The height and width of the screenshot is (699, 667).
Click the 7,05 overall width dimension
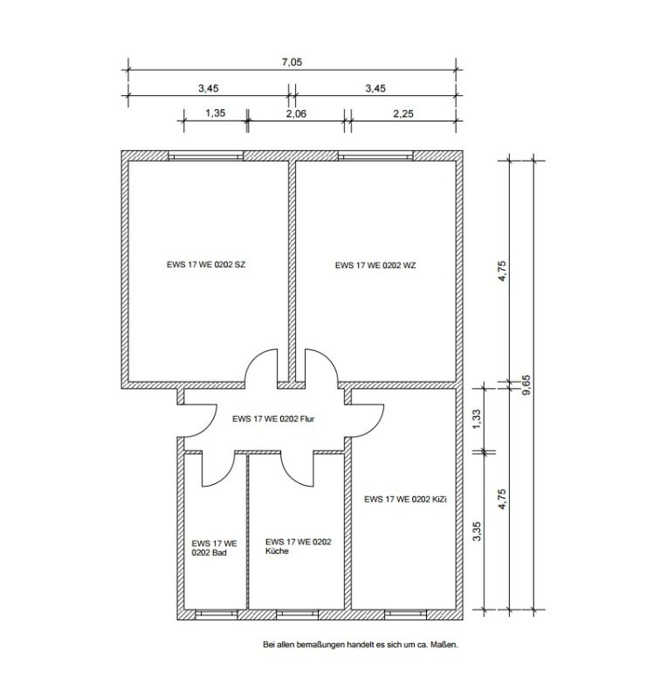click(292, 62)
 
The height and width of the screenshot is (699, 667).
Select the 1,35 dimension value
click(216, 113)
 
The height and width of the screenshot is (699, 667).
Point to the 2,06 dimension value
click(296, 114)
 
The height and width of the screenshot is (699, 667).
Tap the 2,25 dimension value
click(403, 114)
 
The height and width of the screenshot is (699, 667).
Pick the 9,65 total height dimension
click(526, 385)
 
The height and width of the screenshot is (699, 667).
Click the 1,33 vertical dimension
click(477, 419)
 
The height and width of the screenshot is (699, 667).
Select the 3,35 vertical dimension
click(477, 531)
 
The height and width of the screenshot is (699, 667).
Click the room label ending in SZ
click(206, 265)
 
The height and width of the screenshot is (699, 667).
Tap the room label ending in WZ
click(375, 266)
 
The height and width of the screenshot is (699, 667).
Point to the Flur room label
click(273, 419)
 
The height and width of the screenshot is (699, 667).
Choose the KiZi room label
click(405, 499)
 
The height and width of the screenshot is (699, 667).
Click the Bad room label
click(214, 548)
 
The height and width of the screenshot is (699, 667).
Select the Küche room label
click(298, 546)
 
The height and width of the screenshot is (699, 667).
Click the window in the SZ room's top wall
click(205, 156)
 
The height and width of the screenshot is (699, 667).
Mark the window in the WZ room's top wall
click(375, 156)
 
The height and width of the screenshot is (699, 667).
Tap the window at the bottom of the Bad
click(217, 614)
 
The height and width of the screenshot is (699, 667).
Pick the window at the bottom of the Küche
click(297, 614)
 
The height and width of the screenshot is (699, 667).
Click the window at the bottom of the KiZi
click(405, 614)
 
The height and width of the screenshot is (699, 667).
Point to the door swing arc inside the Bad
click(224, 476)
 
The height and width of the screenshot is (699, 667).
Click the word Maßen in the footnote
click(444, 644)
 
